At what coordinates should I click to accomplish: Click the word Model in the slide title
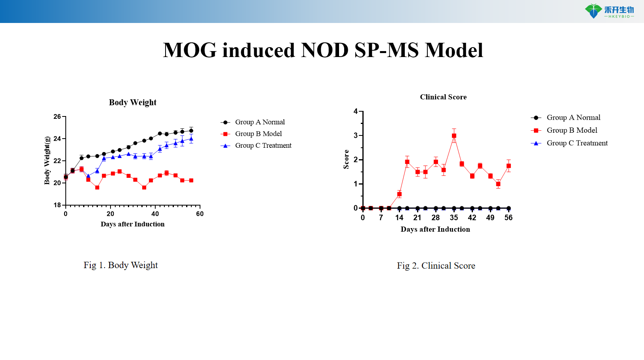pos(454,50)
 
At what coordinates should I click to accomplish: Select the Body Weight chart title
pos(133,103)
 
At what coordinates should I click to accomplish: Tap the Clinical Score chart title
pos(443,97)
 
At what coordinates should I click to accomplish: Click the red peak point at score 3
pos(454,135)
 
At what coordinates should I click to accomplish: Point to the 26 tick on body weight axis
pos(57,117)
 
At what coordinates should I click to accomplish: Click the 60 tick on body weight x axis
pos(200,214)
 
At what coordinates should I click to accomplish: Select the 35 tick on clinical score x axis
pos(454,218)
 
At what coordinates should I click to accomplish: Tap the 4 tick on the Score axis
pos(356,112)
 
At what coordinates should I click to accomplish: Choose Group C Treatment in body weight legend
pos(263,146)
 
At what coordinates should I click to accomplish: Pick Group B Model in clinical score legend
pos(572,130)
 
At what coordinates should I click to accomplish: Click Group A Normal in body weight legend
pos(260,122)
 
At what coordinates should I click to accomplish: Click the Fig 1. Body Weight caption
pos(121,265)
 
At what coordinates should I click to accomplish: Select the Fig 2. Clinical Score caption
pos(436,266)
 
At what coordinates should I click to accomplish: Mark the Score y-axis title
pos(346,159)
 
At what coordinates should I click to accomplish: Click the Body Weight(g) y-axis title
pos(47,160)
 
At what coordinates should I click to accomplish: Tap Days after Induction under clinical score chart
pos(435,229)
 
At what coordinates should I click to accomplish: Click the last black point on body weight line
pos(191,130)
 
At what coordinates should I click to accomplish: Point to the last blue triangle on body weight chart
pos(191,139)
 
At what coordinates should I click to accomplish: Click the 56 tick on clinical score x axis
pos(509,218)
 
